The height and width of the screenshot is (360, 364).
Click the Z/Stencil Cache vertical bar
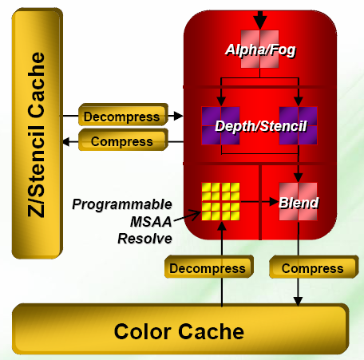38,133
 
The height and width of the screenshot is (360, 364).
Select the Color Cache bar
180,329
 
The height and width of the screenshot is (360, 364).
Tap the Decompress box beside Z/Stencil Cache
123,115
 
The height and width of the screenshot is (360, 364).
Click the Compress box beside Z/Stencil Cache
123,140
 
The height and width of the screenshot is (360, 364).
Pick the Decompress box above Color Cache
208,267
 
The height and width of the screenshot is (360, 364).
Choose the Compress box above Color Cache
314,267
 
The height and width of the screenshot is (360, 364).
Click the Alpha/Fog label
260,49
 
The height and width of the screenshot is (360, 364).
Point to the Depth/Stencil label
261,126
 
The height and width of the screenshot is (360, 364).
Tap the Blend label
299,203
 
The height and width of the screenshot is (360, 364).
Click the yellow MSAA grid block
220,201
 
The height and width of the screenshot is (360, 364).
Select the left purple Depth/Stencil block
220,125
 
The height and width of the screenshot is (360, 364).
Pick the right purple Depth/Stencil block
298,125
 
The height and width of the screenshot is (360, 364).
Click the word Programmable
122,204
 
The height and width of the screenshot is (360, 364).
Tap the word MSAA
151,222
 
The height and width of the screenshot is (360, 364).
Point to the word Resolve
144,239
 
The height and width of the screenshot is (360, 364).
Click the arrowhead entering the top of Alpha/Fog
260,23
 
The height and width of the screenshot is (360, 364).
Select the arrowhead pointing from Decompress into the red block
178,116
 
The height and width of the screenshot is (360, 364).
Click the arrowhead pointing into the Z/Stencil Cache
66,141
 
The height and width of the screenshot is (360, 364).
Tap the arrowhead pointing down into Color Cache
298,301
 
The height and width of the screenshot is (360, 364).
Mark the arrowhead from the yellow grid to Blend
274,202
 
